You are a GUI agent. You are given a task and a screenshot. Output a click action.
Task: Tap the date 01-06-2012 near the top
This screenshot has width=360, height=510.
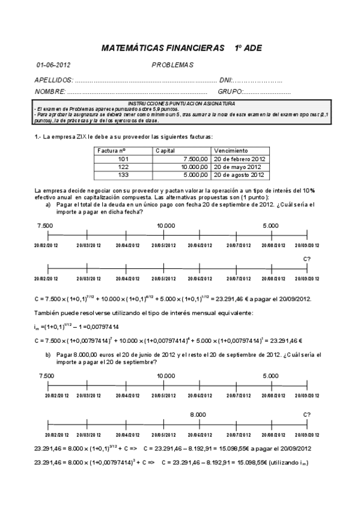click(x=53, y=65)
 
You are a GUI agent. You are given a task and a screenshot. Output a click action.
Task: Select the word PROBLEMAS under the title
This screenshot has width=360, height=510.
click(x=172, y=65)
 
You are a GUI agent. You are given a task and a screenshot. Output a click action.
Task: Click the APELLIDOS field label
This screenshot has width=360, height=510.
click(x=55, y=80)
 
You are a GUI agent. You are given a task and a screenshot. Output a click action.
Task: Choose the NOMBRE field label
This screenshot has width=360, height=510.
click(x=50, y=92)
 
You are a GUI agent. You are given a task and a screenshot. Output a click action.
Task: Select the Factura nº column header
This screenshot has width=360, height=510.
click(x=111, y=150)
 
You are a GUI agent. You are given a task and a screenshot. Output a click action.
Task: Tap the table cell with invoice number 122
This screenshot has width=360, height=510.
click(x=124, y=167)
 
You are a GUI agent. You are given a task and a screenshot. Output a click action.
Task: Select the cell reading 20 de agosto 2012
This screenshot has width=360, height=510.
click(x=239, y=175)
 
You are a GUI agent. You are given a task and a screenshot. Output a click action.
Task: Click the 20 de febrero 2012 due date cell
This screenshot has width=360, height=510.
click(x=239, y=159)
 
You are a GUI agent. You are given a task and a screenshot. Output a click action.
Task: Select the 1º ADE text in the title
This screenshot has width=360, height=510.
click(x=248, y=48)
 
